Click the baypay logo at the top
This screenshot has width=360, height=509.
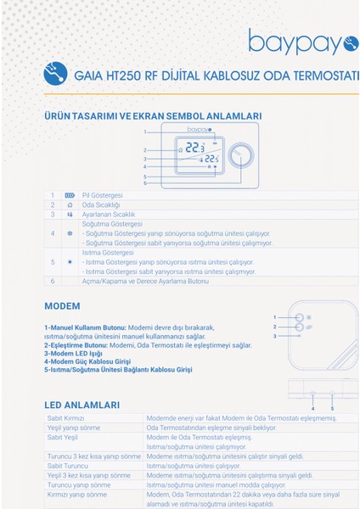[302, 40]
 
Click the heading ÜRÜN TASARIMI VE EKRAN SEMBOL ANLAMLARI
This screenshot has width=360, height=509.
[152, 116]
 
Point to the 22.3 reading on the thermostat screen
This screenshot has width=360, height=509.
[196, 148]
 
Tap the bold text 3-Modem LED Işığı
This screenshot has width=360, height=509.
[75, 354]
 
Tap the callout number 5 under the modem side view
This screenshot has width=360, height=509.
[332, 408]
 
